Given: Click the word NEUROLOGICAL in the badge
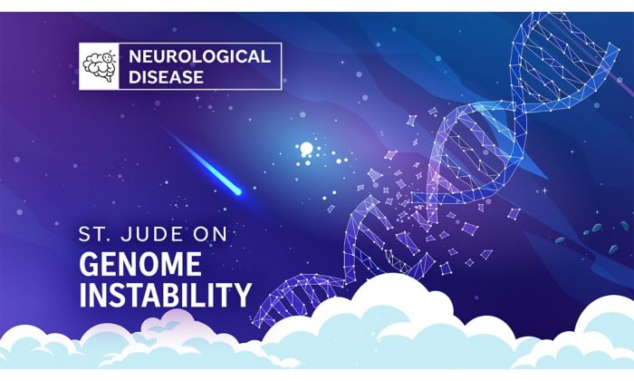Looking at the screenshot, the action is coord(199,56).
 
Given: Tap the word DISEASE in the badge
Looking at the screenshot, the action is coord(166,77).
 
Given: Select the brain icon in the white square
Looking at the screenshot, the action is coord(99,65).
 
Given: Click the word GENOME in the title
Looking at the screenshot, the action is coord(139,264).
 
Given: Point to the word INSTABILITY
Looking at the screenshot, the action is coord(166,295).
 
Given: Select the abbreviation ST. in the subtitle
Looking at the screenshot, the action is coord(96,234).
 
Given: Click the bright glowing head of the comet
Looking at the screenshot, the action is coord(237,192).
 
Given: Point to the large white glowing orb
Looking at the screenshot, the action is coord(306,148).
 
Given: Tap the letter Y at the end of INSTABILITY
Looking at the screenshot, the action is coord(243,295).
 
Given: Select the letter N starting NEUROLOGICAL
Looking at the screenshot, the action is coord(135,56).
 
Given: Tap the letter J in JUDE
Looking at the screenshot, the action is coord(126,234).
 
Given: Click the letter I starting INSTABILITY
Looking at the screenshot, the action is coord(82,295).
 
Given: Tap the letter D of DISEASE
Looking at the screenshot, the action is coord(135,77).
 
